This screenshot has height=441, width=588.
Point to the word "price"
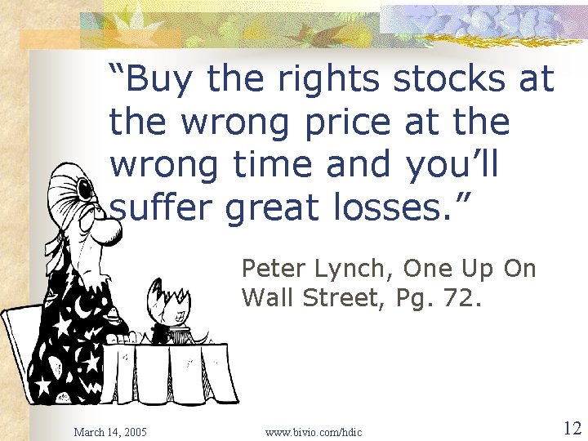coord(346,122)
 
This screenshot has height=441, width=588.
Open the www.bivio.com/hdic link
coord(314,431)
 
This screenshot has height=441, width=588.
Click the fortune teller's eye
coord(84,189)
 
